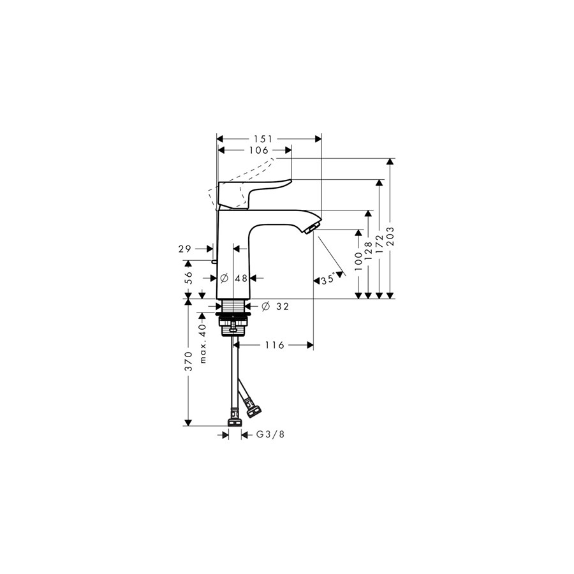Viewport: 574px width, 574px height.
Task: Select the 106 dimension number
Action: (259, 150)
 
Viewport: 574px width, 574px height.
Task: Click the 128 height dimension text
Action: (368, 251)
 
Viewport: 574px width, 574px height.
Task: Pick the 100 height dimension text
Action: (358, 261)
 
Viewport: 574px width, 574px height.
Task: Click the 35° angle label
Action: (328, 280)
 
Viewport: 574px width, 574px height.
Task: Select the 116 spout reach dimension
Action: (274, 345)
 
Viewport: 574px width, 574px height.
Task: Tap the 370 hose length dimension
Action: (189, 362)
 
